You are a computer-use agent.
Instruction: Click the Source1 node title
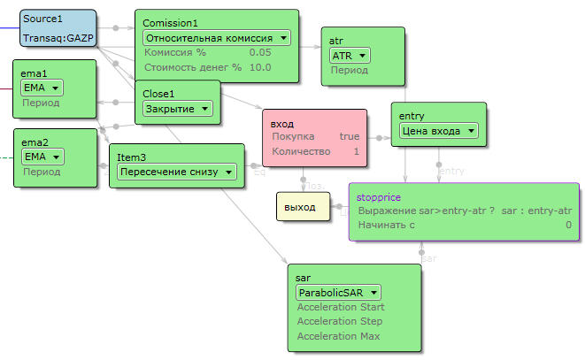(43, 19)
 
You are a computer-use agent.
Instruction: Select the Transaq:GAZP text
(58, 39)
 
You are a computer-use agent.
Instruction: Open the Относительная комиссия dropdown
(217, 37)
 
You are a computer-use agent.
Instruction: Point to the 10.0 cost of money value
(260, 67)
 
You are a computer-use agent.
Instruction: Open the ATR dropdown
(350, 56)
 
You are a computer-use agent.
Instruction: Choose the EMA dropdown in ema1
(42, 88)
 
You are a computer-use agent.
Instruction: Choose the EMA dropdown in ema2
(42, 157)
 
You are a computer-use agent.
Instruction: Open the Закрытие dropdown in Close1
(178, 108)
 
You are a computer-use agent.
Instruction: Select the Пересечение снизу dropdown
(177, 172)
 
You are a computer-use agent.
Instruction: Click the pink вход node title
(282, 123)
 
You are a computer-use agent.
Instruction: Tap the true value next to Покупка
(350, 137)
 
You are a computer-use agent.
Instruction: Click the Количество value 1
(356, 152)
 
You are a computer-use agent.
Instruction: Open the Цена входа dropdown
(438, 131)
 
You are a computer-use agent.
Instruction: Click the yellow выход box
(300, 206)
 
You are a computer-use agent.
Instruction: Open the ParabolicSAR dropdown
(338, 292)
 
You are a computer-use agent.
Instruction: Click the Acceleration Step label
(340, 321)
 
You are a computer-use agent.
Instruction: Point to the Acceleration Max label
(340, 336)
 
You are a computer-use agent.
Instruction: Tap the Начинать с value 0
(568, 226)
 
